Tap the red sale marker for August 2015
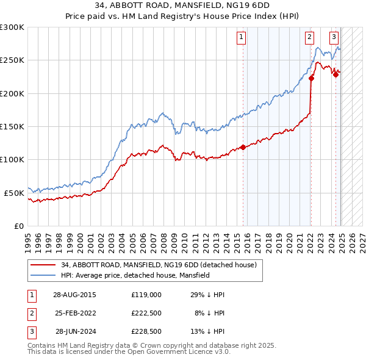point(243,147)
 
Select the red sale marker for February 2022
point(311,78)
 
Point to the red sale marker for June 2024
point(335,74)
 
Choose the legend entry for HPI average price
point(135,275)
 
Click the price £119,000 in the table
point(146,294)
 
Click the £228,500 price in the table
point(146,333)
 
